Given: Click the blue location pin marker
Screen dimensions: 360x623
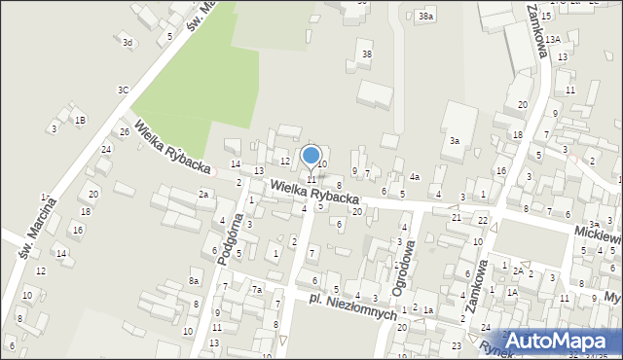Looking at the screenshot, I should [x=311, y=157].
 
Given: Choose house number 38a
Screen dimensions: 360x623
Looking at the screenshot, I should [x=425, y=17].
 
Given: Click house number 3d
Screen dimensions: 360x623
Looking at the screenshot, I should [x=128, y=43].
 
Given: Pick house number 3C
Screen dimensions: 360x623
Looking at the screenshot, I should [x=124, y=90].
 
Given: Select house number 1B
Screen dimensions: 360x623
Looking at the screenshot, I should [x=81, y=120].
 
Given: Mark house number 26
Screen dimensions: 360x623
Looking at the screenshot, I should [x=125, y=131].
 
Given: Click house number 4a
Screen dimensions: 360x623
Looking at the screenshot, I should [x=415, y=177].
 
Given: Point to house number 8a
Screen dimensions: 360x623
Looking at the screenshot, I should [x=195, y=281].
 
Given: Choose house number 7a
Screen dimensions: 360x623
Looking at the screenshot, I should [x=257, y=290].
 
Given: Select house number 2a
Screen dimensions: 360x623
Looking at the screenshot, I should [x=203, y=195].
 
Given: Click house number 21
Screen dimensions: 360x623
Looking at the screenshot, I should [x=457, y=217].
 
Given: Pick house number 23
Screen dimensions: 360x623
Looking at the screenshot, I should [x=457, y=346].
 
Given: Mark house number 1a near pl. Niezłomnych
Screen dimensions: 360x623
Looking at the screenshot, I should [x=428, y=309].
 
